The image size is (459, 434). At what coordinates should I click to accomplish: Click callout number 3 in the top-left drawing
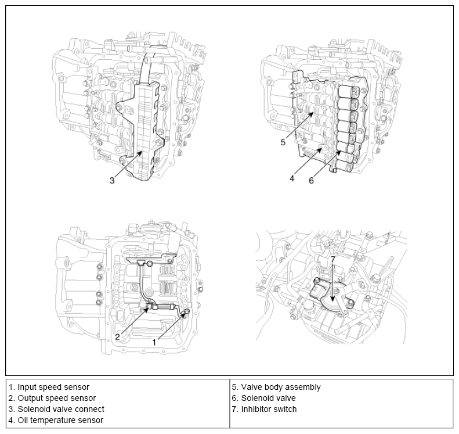click(x=112, y=180)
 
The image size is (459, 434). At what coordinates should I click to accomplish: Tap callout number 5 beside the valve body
click(x=283, y=142)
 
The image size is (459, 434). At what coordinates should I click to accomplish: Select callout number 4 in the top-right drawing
click(x=292, y=179)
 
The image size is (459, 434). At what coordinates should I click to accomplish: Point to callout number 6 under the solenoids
click(x=312, y=180)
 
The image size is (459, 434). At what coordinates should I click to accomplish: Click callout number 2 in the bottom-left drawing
click(x=117, y=336)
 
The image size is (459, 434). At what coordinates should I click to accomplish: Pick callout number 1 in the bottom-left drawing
click(x=154, y=342)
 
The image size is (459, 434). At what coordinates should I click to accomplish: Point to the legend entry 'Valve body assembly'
click(x=276, y=386)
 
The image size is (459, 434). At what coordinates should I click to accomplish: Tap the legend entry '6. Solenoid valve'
click(x=264, y=398)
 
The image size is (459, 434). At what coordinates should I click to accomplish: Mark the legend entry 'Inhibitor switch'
click(x=264, y=409)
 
